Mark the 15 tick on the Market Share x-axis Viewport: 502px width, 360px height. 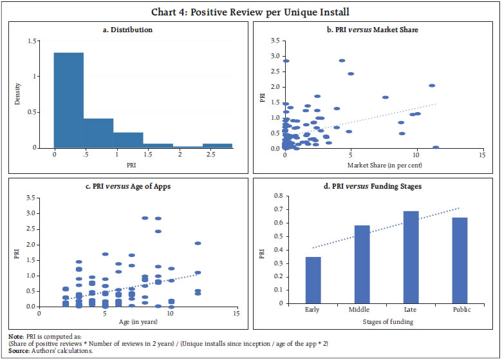483,155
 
